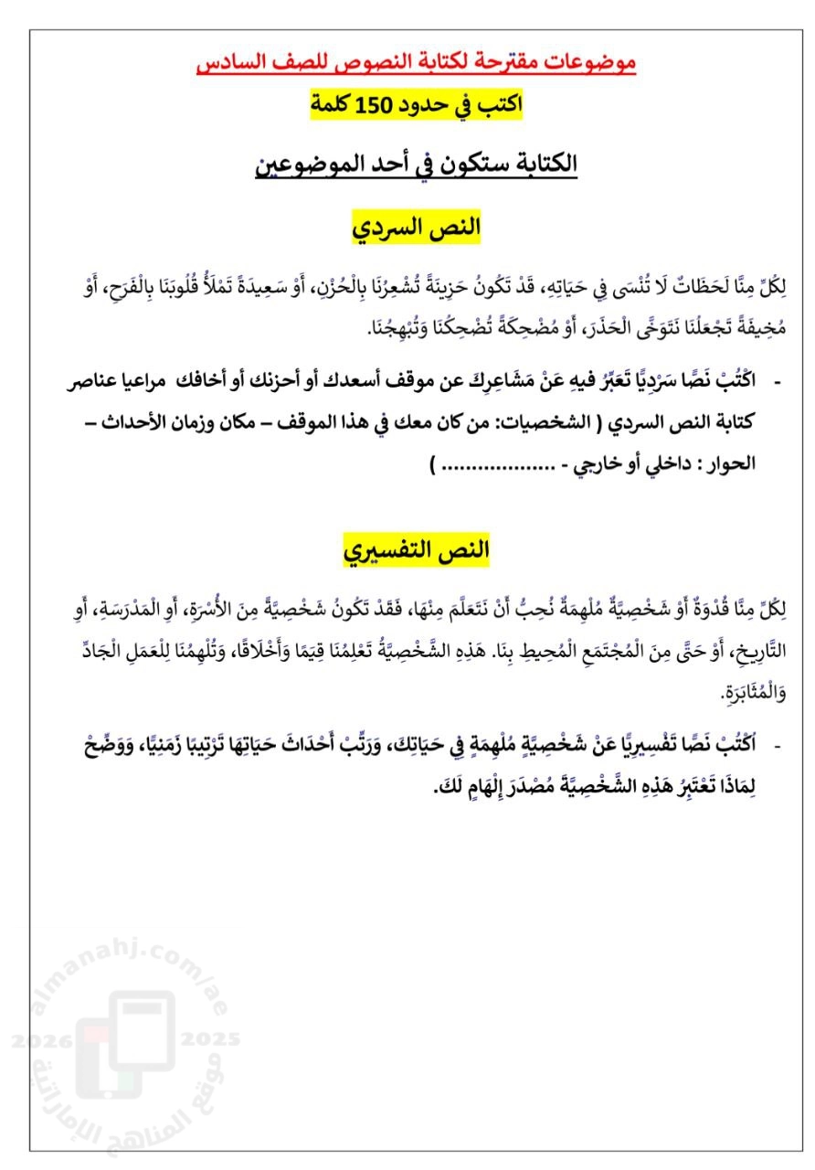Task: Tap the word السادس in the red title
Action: (x=233, y=62)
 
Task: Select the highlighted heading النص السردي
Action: (x=417, y=228)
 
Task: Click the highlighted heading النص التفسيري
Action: (x=417, y=550)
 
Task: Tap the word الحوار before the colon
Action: (x=731, y=463)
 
